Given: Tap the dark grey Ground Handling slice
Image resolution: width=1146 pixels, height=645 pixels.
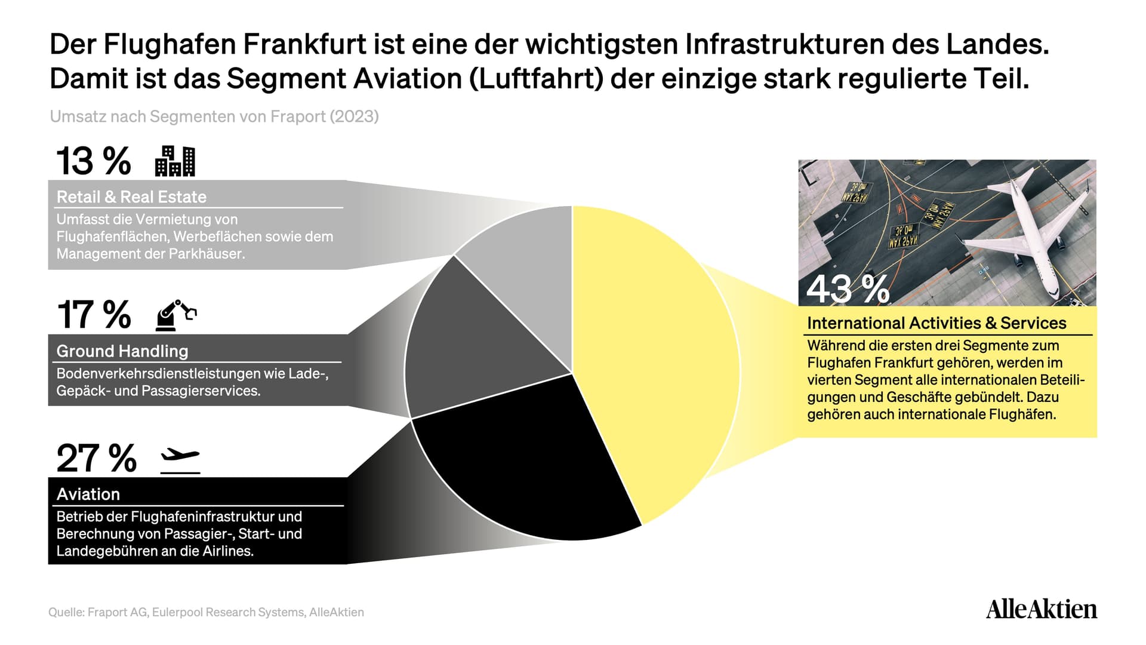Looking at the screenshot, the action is [472, 346].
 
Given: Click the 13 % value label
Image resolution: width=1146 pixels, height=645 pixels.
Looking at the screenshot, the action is [94, 161].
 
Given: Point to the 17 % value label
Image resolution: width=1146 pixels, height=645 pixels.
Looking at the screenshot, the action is [94, 315].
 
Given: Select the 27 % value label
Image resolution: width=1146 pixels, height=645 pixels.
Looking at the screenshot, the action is [96, 458].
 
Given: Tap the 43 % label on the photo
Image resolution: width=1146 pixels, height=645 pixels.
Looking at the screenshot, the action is [848, 289].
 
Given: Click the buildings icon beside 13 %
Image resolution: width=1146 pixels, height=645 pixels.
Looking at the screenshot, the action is [175, 161].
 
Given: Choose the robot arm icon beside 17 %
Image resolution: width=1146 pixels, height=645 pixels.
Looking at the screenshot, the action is [176, 315].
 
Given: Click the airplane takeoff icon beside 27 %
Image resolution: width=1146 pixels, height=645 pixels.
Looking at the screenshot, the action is [180, 460].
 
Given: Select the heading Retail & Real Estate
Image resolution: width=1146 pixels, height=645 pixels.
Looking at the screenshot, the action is [131, 197].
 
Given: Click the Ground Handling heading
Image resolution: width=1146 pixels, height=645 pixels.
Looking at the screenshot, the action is [122, 351].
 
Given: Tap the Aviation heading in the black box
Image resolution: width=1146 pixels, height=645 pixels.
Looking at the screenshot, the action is [88, 494].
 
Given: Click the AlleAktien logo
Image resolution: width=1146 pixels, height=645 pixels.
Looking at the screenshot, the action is [1042, 609].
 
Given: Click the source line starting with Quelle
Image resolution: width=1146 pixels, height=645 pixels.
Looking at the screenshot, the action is [206, 612].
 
